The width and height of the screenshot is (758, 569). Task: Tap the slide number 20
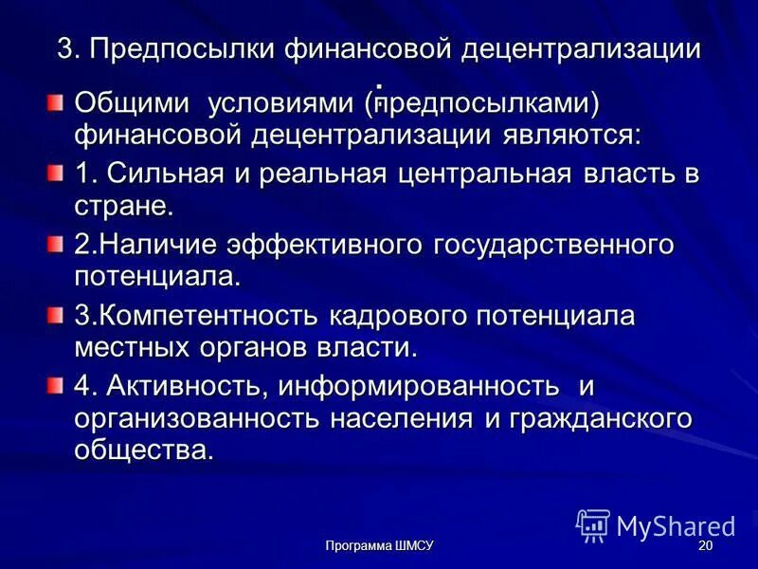[705, 547]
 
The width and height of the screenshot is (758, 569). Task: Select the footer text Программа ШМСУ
[379, 547]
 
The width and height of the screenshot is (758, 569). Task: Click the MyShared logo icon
[593, 525]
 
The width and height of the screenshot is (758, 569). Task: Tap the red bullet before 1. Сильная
[58, 173]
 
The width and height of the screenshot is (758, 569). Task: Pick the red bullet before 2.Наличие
[58, 245]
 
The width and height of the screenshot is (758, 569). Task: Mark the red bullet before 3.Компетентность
[58, 314]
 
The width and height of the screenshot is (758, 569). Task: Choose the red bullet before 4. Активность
[58, 384]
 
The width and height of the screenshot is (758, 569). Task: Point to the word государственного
[554, 245]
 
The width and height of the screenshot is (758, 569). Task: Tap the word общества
[144, 450]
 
